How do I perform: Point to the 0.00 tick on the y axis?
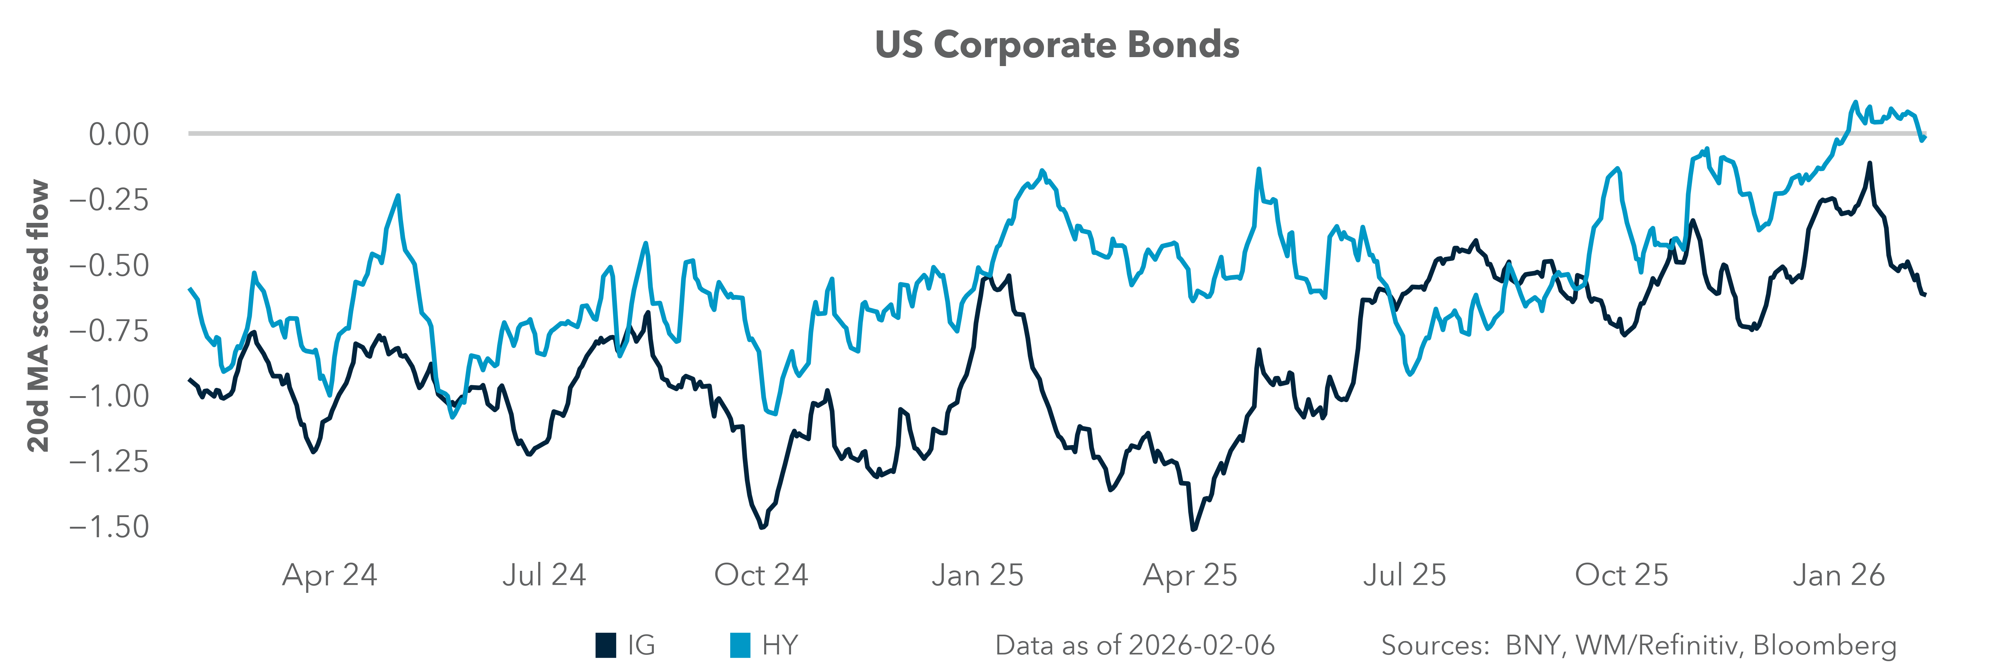[x=118, y=134]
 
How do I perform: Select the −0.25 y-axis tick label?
[x=109, y=200]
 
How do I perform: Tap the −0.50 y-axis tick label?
[x=109, y=266]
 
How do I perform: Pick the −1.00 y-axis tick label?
[x=109, y=396]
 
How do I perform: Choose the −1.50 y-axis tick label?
[x=109, y=527]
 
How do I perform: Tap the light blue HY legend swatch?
[x=740, y=645]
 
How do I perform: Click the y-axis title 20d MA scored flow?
[x=38, y=316]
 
